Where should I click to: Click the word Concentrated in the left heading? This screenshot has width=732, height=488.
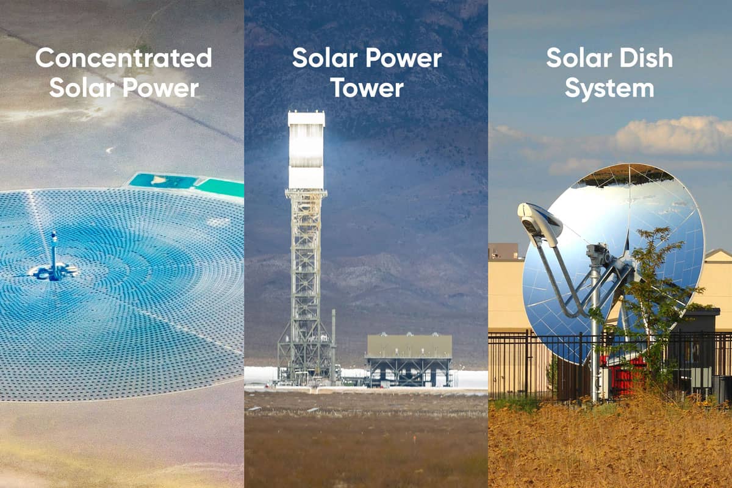point(123,58)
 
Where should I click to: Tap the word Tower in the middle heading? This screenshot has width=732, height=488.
point(366,88)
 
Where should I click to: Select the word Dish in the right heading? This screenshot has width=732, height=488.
point(644,58)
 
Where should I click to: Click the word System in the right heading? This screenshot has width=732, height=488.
point(609,88)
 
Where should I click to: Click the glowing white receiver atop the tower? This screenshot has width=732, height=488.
point(306,149)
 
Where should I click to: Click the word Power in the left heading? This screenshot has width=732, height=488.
point(164,88)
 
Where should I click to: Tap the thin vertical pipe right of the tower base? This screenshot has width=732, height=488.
point(334,345)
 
